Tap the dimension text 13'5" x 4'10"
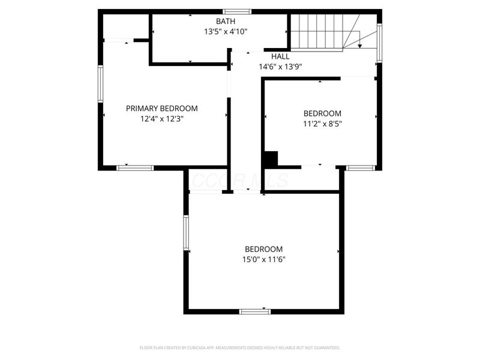coord(226,32)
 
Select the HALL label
coord(280,56)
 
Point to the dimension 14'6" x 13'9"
coord(280,67)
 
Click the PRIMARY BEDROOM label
coord(161,109)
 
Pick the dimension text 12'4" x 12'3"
coord(161,119)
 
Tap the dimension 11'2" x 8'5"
coord(322,124)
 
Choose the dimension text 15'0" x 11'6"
coord(263,260)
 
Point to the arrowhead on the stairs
coord(359,44)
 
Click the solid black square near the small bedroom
coord(270,159)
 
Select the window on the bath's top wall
coord(237,11)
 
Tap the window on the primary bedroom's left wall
coord(101,85)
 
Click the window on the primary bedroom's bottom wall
coord(135,168)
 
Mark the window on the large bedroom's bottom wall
coord(255,311)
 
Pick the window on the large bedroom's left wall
coord(186,233)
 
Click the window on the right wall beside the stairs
coord(379,42)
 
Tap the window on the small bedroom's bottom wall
coord(361,168)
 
